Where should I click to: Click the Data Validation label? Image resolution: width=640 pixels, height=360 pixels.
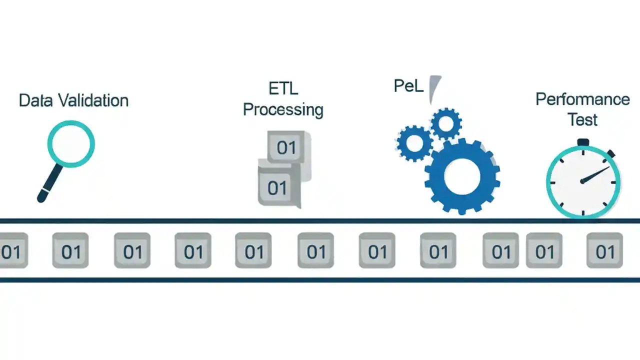pyautogui.click(x=73, y=100)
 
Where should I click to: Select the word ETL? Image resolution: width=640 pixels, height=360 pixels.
pyautogui.click(x=283, y=88)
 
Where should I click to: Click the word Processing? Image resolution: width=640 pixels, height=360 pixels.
pyautogui.click(x=283, y=109)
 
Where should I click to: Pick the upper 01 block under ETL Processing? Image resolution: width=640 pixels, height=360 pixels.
pyautogui.click(x=286, y=147)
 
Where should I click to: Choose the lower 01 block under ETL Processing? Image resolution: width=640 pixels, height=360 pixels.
pyautogui.click(x=277, y=188)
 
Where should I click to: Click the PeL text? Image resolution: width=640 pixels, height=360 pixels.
pyautogui.click(x=408, y=86)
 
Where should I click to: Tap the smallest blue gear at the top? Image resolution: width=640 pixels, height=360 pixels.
pyautogui.click(x=445, y=123)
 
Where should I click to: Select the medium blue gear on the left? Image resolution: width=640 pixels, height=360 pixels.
pyautogui.click(x=414, y=143)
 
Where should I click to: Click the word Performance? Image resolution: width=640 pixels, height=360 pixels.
pyautogui.click(x=582, y=99)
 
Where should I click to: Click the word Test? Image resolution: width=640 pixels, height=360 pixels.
pyautogui.click(x=582, y=120)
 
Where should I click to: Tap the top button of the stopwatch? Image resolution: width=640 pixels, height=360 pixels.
pyautogui.click(x=583, y=142)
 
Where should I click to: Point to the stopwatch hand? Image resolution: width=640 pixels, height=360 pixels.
pyautogui.click(x=596, y=174)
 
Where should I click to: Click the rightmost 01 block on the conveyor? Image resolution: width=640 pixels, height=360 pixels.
pyautogui.click(x=604, y=250)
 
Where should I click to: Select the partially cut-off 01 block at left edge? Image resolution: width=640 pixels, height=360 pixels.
pyautogui.click(x=12, y=251)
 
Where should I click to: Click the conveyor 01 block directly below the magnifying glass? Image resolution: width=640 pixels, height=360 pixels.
pyautogui.click(x=70, y=251)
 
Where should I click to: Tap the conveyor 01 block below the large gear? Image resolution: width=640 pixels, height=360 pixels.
pyautogui.click(x=438, y=251)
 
